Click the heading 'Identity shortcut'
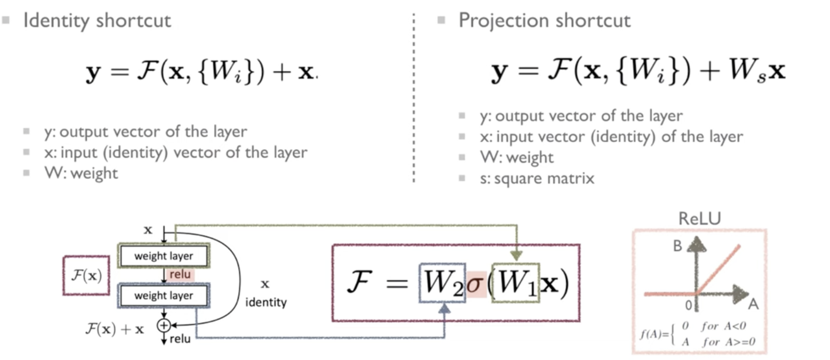97,21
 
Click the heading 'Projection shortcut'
544,21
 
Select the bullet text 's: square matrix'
537,178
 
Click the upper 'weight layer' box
164,256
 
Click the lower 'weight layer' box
164,295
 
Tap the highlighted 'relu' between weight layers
180,275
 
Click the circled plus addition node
164,325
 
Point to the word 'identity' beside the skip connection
266,302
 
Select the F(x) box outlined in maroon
86,276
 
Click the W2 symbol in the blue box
442,282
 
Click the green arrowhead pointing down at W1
517,255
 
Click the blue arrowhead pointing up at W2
444,308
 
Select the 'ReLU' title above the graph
699,218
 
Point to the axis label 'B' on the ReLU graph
677,246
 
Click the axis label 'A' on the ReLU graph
753,304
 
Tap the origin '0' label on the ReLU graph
688,305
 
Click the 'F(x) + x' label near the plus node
114,329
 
